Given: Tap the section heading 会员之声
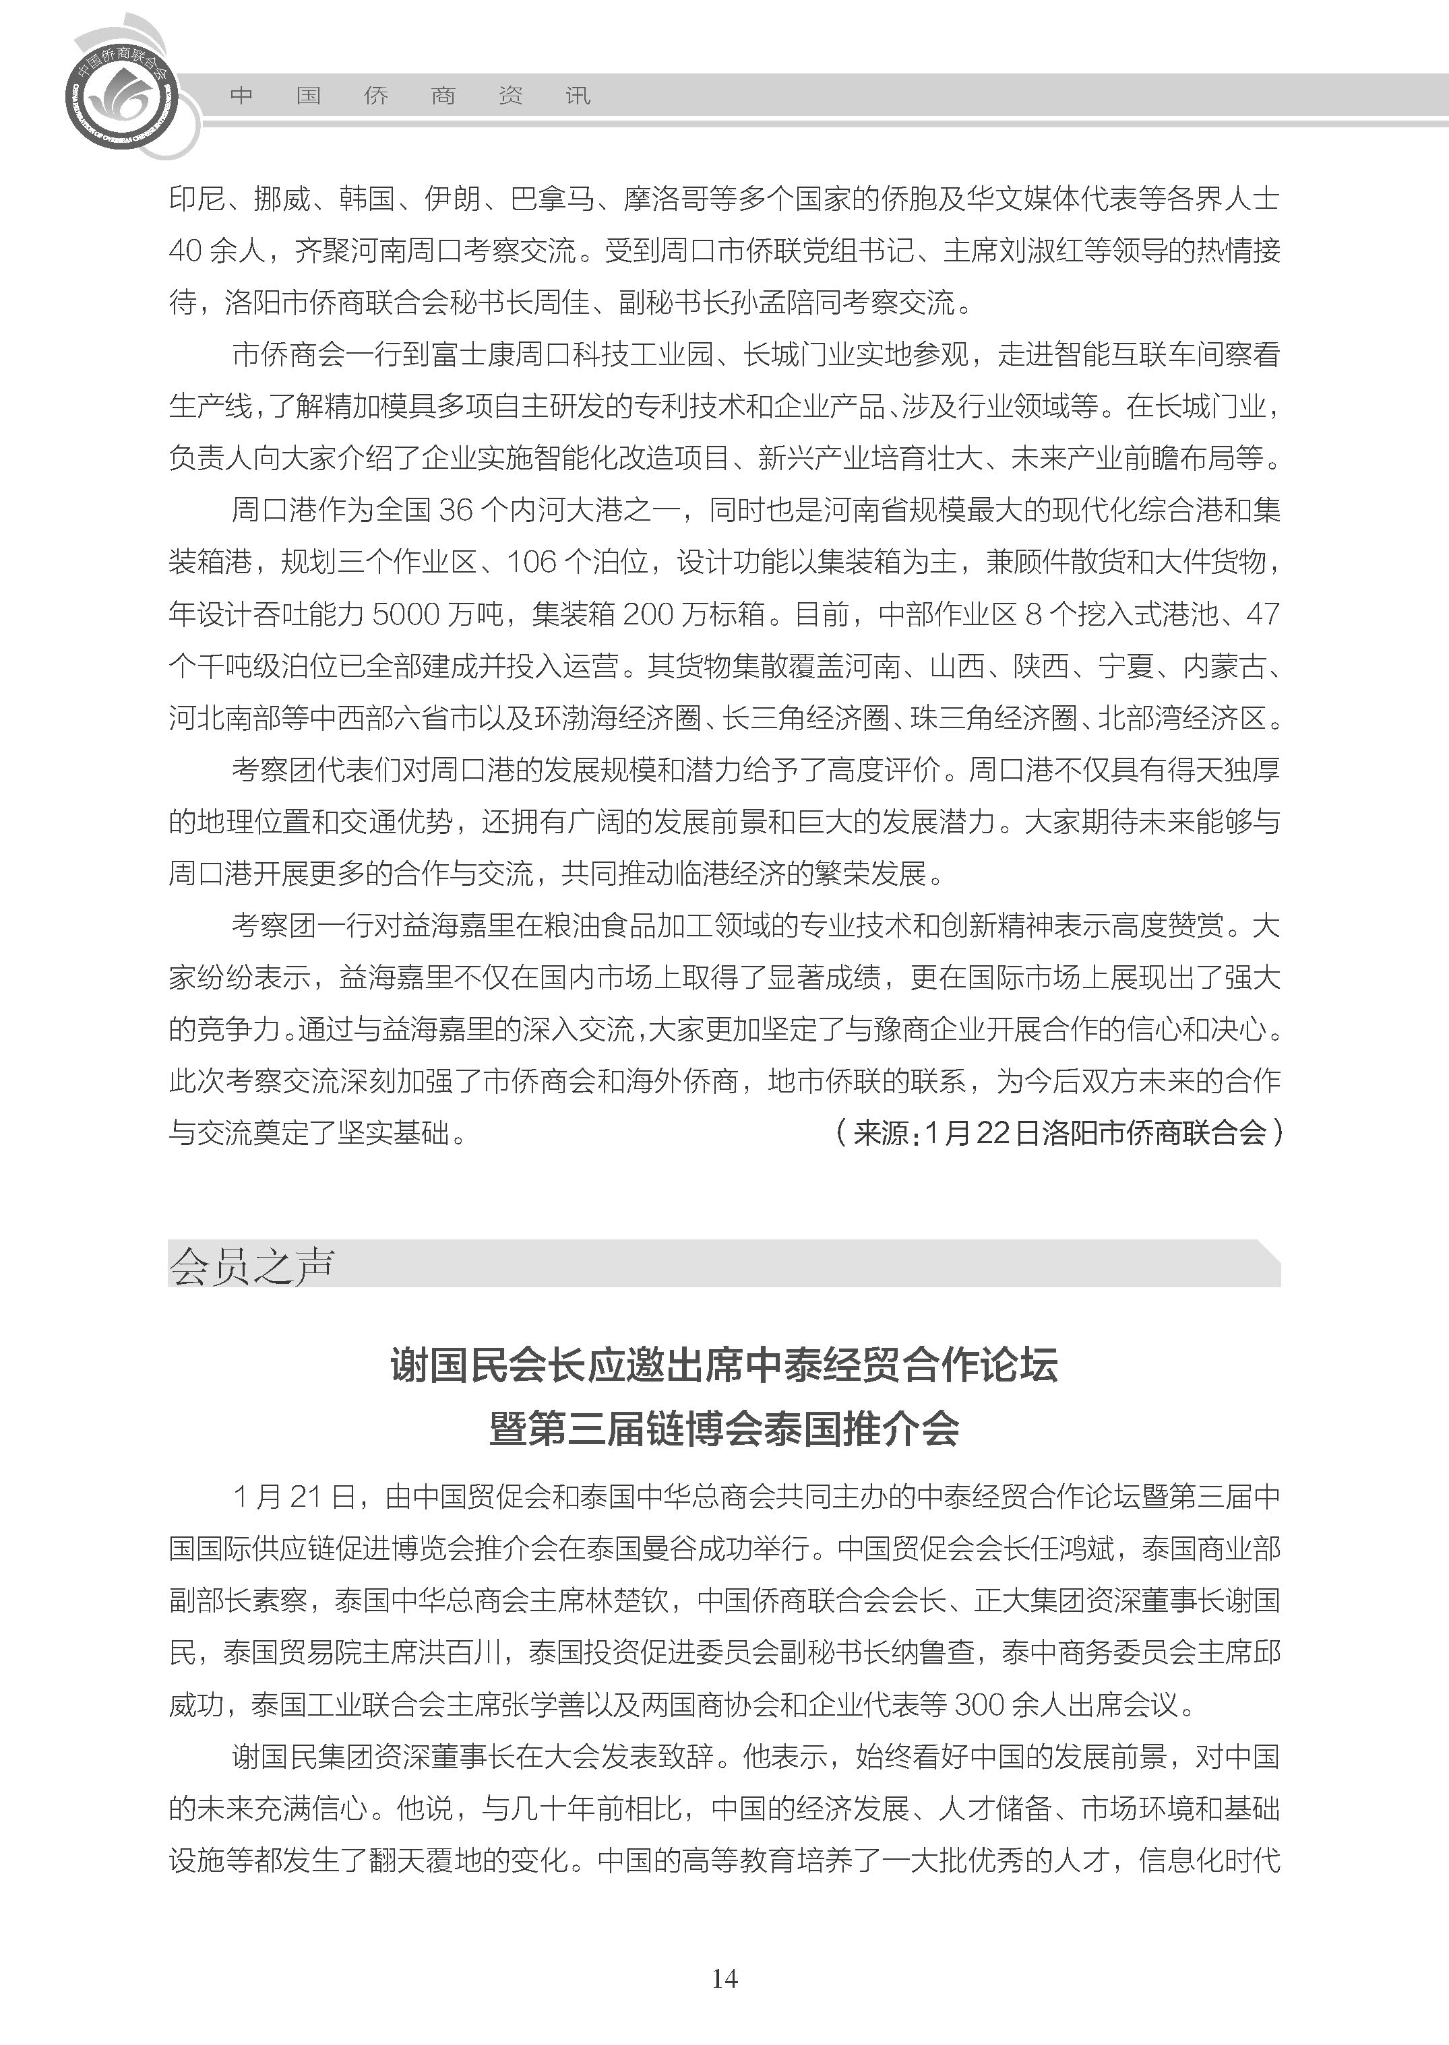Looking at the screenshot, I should point(251,1264).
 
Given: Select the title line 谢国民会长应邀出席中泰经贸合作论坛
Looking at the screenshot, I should point(724,1365).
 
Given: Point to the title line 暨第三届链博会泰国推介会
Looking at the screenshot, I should point(724,1429).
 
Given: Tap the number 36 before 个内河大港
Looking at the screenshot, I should point(455,510).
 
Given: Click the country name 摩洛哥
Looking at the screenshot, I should point(665,199).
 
